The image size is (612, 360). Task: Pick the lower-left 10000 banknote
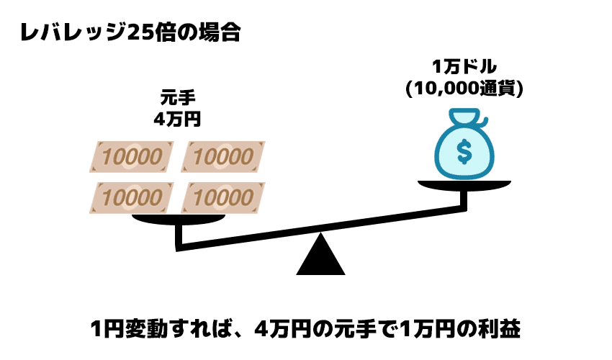[131, 196]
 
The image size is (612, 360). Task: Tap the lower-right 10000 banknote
[223, 196]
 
